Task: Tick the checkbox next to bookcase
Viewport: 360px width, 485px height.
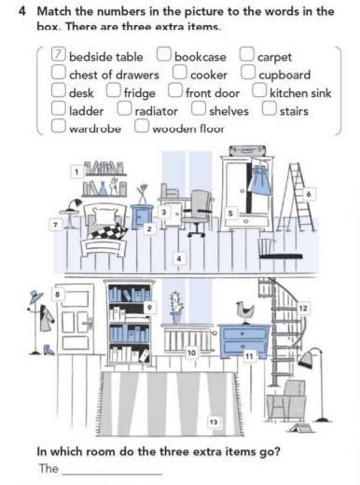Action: pyautogui.click(x=163, y=54)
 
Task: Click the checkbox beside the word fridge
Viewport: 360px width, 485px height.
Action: pyautogui.click(x=114, y=90)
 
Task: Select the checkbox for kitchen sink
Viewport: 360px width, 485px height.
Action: pyautogui.click(x=259, y=90)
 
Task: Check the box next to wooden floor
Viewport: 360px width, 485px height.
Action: pyautogui.click(x=142, y=126)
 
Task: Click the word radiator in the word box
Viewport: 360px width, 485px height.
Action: pyautogui.click(x=156, y=111)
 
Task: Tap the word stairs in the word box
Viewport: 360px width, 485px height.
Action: pyautogui.click(x=294, y=111)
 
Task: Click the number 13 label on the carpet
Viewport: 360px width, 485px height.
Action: pyautogui.click(x=214, y=422)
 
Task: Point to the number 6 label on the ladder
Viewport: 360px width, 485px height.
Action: pyautogui.click(x=309, y=194)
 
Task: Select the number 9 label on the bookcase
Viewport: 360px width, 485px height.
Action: pyautogui.click(x=149, y=308)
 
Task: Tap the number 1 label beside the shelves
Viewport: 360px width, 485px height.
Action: pyautogui.click(x=76, y=172)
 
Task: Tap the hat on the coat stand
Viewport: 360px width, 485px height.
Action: pyautogui.click(x=36, y=297)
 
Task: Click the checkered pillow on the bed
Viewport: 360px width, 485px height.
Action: pyautogui.click(x=109, y=230)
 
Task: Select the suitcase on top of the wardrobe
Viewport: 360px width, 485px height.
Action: pyautogui.click(x=247, y=150)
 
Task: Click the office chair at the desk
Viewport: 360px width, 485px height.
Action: pyautogui.click(x=198, y=213)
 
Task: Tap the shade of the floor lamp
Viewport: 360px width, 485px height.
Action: pyautogui.click(x=307, y=357)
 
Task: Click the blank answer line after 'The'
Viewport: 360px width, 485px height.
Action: pyautogui.click(x=112, y=474)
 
